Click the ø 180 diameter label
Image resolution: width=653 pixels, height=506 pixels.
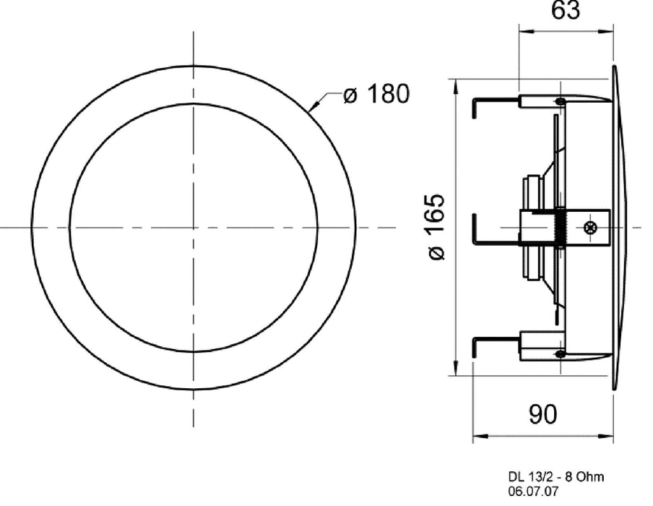click(376, 94)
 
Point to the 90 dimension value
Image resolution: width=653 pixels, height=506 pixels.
click(543, 413)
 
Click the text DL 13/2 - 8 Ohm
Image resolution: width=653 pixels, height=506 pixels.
click(555, 476)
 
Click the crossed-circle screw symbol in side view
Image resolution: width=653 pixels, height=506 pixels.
click(590, 228)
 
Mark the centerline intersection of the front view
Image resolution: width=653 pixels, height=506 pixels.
click(194, 228)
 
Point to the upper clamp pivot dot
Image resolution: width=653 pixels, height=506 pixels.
click(560, 102)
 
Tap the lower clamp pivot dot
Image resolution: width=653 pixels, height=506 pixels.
click(560, 353)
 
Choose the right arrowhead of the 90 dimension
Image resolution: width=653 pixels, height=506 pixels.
click(611, 436)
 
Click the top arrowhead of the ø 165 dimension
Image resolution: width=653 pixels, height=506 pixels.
click(454, 82)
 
